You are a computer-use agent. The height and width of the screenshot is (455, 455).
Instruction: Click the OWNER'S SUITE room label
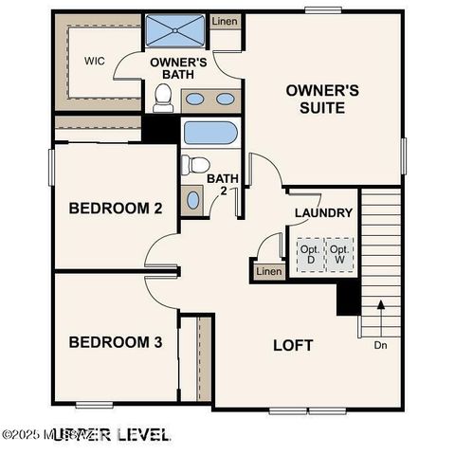click(322, 99)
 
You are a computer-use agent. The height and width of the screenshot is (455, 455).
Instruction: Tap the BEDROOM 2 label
click(108, 208)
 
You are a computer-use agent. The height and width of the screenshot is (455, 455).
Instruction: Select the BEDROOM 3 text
click(108, 341)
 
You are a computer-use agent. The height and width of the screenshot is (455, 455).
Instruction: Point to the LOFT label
click(293, 345)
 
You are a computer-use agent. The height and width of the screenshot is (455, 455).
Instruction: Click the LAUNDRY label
click(323, 213)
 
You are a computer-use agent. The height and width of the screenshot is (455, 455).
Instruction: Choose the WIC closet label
click(94, 61)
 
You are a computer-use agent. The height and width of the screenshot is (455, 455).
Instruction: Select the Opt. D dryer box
click(309, 254)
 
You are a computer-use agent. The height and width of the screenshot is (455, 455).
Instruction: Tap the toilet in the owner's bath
click(163, 97)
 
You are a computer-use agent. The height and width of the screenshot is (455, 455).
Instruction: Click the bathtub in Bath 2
click(209, 132)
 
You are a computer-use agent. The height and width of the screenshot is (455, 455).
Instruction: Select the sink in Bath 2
click(193, 199)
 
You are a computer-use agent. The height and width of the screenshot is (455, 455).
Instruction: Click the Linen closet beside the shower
click(225, 21)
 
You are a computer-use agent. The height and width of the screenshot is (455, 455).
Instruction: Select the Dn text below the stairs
click(380, 346)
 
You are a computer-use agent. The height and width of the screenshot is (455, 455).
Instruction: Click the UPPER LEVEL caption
click(111, 434)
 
